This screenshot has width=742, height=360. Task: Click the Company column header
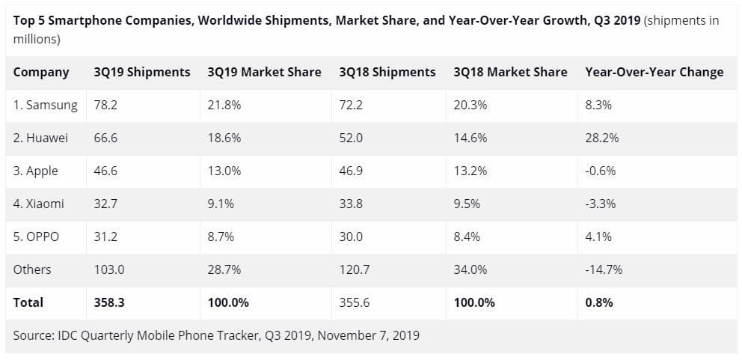pyautogui.click(x=41, y=73)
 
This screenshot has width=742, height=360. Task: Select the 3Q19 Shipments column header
pyautogui.click(x=142, y=73)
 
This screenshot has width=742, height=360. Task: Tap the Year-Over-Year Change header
pyautogui.click(x=654, y=73)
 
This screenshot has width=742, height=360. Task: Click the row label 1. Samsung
pyautogui.click(x=46, y=106)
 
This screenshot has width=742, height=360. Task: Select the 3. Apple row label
pyautogui.click(x=36, y=171)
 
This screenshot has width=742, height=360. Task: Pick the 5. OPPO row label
pyautogui.click(x=37, y=237)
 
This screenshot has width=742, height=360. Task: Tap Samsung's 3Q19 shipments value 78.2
pyautogui.click(x=105, y=106)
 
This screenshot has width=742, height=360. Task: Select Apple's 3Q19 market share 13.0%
pyautogui.click(x=224, y=171)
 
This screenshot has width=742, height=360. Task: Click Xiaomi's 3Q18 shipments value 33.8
pyautogui.click(x=350, y=204)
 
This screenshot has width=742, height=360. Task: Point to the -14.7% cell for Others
pyautogui.click(x=604, y=269)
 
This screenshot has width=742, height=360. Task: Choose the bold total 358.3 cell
pyautogui.click(x=108, y=302)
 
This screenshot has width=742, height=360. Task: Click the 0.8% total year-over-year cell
pyautogui.click(x=599, y=302)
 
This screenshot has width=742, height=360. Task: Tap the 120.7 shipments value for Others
pyautogui.click(x=353, y=269)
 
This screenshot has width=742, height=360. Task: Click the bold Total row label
pyautogui.click(x=28, y=302)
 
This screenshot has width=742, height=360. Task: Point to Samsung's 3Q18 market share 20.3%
pyautogui.click(x=470, y=106)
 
